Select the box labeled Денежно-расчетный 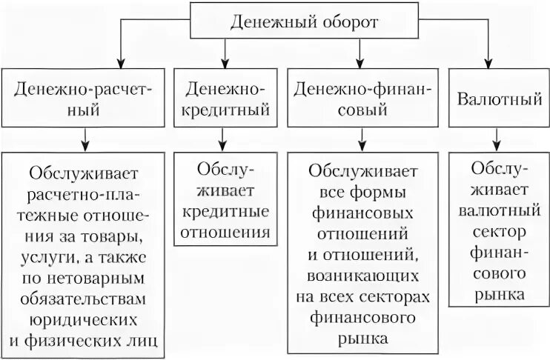(x=87, y=99)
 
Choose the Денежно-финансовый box (x=362, y=99)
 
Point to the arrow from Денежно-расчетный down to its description (x=87, y=139)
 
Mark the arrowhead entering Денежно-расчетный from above (x=87, y=63)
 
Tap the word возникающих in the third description (x=362, y=277)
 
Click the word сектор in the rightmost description (x=489, y=232)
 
